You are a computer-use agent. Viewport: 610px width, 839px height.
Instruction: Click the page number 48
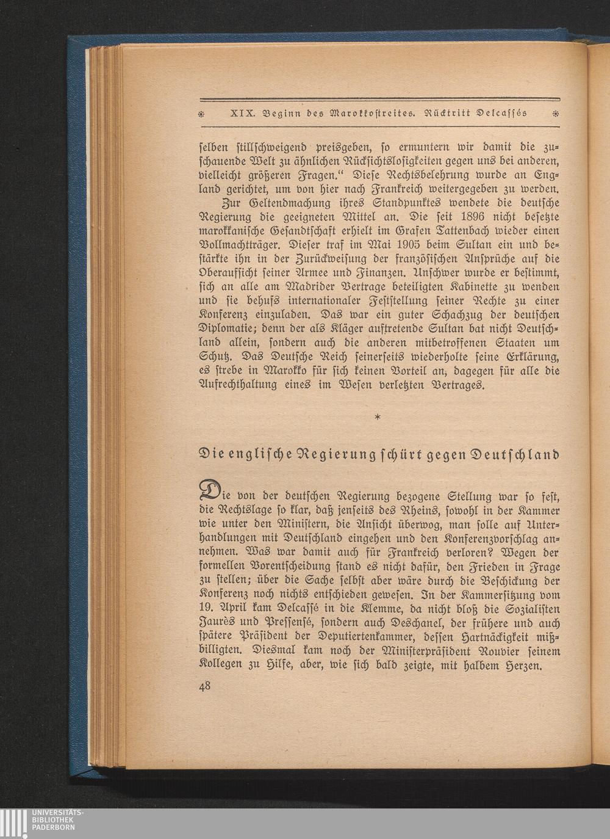coord(205,686)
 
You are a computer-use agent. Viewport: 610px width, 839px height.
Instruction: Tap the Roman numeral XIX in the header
coord(242,114)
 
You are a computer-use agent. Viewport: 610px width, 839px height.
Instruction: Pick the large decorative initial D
coord(211,490)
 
